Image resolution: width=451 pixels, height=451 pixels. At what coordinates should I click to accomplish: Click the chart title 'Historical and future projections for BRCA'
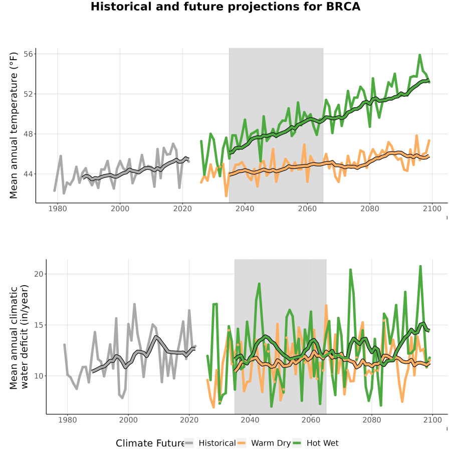[225, 7]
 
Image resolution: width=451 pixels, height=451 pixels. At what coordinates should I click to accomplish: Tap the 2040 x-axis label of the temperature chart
[245, 208]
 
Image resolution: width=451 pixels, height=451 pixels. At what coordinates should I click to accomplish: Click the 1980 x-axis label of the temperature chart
[58, 208]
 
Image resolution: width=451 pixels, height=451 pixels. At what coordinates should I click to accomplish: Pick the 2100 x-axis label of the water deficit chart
[432, 420]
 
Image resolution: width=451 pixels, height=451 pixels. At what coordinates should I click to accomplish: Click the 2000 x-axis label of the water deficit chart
[128, 420]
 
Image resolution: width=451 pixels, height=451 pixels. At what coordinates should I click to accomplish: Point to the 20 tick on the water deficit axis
[39, 274]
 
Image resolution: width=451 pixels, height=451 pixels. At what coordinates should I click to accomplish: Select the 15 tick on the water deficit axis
[39, 325]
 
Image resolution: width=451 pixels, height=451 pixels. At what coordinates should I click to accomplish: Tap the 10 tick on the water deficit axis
[39, 376]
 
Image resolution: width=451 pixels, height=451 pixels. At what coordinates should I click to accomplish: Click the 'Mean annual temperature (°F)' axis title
[14, 125]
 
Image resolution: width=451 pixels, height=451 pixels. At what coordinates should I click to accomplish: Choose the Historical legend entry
[209, 443]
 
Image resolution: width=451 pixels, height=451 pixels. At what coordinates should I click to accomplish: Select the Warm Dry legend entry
[264, 443]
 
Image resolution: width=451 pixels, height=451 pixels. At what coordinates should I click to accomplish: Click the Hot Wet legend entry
[316, 443]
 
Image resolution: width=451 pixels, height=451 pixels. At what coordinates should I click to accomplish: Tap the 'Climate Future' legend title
[150, 443]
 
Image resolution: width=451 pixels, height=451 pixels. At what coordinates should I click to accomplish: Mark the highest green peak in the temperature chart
[420, 55]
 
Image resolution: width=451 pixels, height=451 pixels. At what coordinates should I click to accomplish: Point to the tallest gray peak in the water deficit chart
[134, 304]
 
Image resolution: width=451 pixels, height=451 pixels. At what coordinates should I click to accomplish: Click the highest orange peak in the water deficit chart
[326, 306]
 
